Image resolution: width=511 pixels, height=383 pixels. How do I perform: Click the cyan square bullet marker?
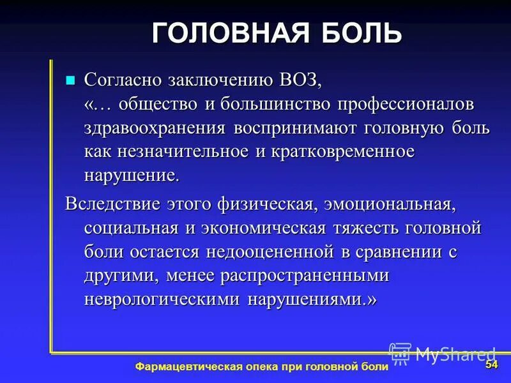point(71,80)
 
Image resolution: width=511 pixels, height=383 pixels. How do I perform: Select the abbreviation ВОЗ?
point(300,81)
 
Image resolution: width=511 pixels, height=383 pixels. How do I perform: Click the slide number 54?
point(491,364)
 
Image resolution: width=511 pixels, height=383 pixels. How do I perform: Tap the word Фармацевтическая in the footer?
point(187,366)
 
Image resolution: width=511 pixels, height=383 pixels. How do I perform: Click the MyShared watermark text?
point(455,353)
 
